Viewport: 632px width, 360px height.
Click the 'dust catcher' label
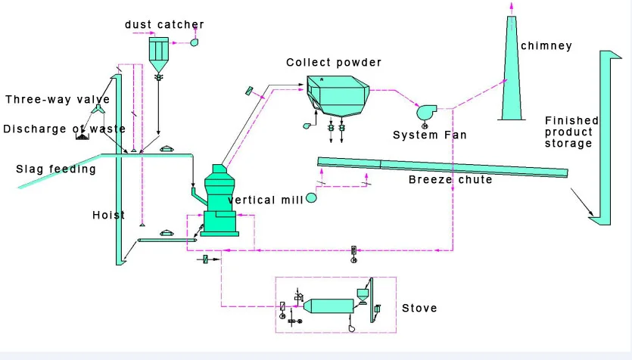164,25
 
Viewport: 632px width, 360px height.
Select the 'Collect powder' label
334,62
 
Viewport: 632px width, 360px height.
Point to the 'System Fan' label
429,135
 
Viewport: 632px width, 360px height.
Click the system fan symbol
424,112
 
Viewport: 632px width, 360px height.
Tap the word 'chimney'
546,46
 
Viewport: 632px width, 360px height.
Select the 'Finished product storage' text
571,132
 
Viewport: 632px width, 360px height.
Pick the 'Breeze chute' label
450,180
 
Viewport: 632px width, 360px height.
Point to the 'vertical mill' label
265,200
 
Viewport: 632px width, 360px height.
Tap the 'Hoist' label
108,216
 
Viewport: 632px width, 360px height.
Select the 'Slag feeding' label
56,169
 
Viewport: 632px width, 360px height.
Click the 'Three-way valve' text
58,100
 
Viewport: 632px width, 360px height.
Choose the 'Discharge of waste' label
64,129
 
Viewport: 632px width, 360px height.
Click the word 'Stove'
419,309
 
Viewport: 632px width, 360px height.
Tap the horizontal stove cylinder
327,306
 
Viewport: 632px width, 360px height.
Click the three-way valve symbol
99,111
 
